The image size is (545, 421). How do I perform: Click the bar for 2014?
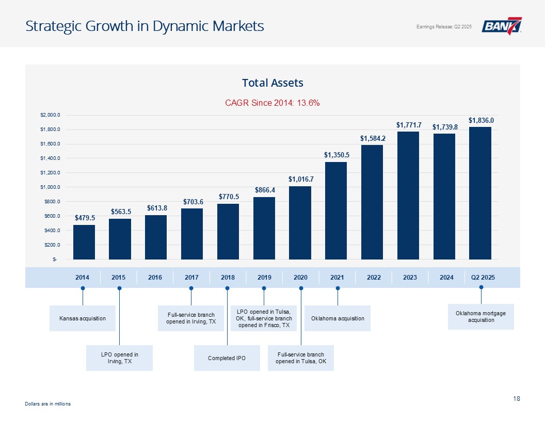click(84, 242)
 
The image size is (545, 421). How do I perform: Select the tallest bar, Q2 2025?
click(480, 193)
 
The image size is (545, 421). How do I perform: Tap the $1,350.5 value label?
click(336, 155)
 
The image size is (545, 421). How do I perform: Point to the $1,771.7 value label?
click(409, 125)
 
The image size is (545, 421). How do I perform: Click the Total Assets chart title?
click(272, 83)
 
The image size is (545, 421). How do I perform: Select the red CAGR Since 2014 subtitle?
click(272, 103)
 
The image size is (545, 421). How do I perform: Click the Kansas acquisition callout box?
click(82, 318)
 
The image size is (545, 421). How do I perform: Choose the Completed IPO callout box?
click(227, 358)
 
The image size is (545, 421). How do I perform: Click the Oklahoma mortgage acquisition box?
click(480, 317)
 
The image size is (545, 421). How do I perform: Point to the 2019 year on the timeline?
click(264, 278)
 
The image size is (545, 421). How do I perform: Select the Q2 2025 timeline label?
click(483, 278)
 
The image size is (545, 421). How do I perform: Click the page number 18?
click(517, 398)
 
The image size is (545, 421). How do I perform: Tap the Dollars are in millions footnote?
click(47, 404)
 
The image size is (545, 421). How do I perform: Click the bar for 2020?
click(300, 222)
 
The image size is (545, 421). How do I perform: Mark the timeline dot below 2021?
click(338, 288)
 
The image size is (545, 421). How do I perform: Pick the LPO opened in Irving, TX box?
click(119, 358)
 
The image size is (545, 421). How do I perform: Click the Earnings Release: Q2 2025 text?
click(444, 27)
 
